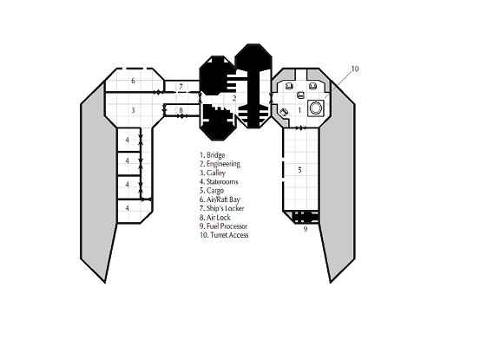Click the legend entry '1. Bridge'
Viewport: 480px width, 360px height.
[212, 155]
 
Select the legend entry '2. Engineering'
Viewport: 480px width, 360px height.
[220, 164]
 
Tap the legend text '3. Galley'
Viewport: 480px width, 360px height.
[213, 173]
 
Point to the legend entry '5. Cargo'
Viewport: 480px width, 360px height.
[212, 191]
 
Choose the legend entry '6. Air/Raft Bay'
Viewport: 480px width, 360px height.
[220, 200]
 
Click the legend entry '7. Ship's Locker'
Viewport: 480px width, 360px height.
[221, 208]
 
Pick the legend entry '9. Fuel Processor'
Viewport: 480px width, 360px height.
[223, 226]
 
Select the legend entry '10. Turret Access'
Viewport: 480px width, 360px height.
[224, 235]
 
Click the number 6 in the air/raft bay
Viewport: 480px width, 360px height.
[133, 81]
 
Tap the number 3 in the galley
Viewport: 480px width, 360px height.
[133, 110]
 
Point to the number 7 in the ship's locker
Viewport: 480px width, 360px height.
[181, 87]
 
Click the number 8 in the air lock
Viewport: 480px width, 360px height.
[181, 110]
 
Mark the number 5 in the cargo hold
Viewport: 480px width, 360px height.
[299, 169]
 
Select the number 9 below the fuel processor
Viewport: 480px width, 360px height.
[306, 229]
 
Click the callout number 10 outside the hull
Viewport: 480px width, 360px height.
[354, 69]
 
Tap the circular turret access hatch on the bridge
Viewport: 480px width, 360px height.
[316, 108]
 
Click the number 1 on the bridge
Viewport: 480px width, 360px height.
[299, 110]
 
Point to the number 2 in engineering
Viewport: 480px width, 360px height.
[234, 99]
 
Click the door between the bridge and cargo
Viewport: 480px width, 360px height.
[300, 128]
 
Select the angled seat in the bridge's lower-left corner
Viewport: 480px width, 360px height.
[284, 112]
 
